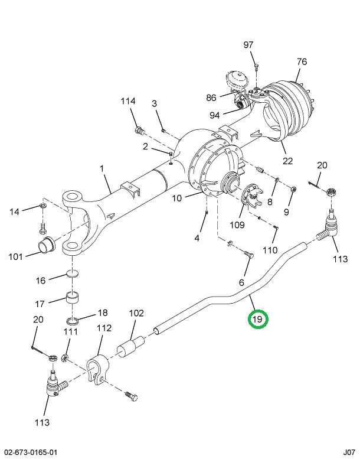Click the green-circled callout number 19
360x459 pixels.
pyautogui.click(x=257, y=320)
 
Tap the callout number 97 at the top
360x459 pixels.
pyautogui.click(x=248, y=45)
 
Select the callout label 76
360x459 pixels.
pyautogui.click(x=302, y=62)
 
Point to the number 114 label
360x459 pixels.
pyautogui.click(x=129, y=102)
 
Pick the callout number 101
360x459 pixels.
pyautogui.click(x=17, y=256)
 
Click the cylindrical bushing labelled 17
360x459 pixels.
pyautogui.click(x=73, y=297)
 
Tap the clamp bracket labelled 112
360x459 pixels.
pyautogui.click(x=97, y=367)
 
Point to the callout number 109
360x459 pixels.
pyautogui.click(x=236, y=225)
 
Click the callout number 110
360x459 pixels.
pyautogui.click(x=270, y=250)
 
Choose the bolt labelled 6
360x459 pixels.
pyautogui.click(x=248, y=255)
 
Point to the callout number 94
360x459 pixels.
pyautogui.click(x=214, y=115)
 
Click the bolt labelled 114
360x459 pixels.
pyautogui.click(x=139, y=129)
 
